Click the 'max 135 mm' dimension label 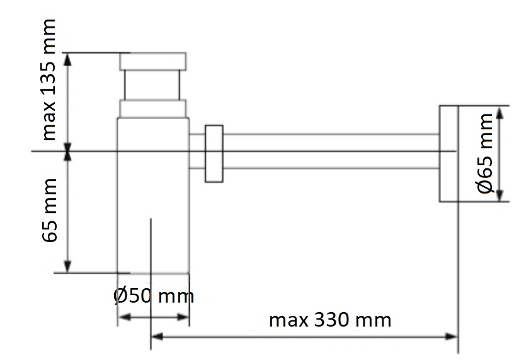point(49,79)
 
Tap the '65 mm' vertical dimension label point(50,210)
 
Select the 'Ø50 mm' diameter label point(154,296)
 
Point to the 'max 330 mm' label point(330,320)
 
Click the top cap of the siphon point(152,61)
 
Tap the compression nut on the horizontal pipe point(214,154)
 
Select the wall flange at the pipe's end point(449,154)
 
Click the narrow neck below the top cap point(152,85)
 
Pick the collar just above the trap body point(152,109)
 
